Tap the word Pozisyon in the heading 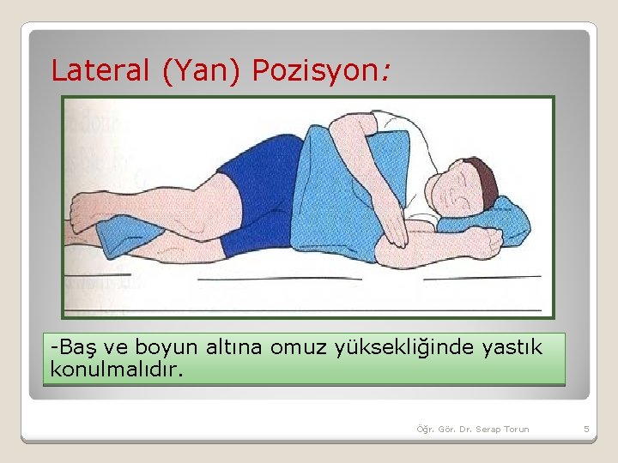[x=318, y=70]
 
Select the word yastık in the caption [x=515, y=347]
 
